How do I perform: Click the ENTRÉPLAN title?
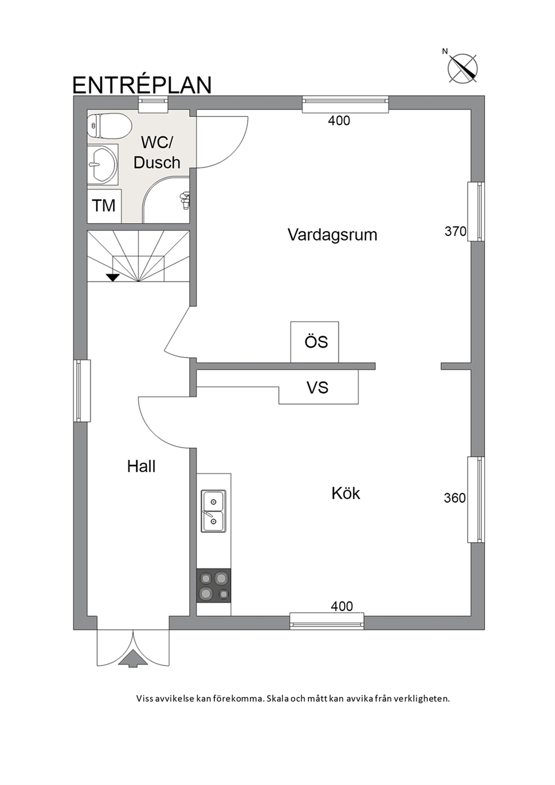pyautogui.click(x=142, y=84)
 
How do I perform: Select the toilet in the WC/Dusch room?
pyautogui.click(x=109, y=126)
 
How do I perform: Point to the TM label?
pyautogui.click(x=104, y=205)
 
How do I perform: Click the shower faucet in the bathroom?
pyautogui.click(x=184, y=200)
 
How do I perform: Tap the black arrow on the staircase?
pyautogui.click(x=113, y=277)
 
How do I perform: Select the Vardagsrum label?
pyautogui.click(x=332, y=235)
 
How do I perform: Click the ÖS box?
pyautogui.click(x=314, y=342)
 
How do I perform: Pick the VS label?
pyautogui.click(x=317, y=388)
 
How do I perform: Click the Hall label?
pyautogui.click(x=141, y=467)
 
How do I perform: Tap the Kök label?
pyautogui.click(x=346, y=493)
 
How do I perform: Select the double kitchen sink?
pyautogui.click(x=213, y=511)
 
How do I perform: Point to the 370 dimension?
pyautogui.click(x=455, y=231)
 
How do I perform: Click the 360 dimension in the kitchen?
pyautogui.click(x=455, y=497)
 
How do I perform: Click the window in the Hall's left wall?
pyautogui.click(x=82, y=391)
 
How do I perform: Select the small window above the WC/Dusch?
pyautogui.click(x=153, y=104)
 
